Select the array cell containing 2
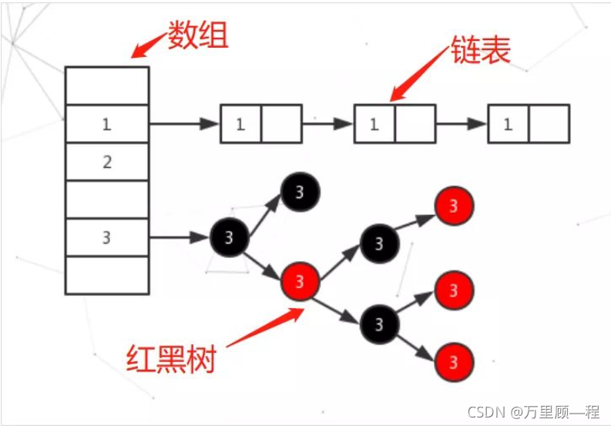107,162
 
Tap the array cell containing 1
107,124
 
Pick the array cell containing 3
107,237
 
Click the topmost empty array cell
107,86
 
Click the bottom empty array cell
107,275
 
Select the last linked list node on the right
529,124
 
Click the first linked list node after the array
261,124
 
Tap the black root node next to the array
229,237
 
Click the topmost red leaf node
454,206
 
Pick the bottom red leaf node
454,361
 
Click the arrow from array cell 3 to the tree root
179,237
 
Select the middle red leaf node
454,290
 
